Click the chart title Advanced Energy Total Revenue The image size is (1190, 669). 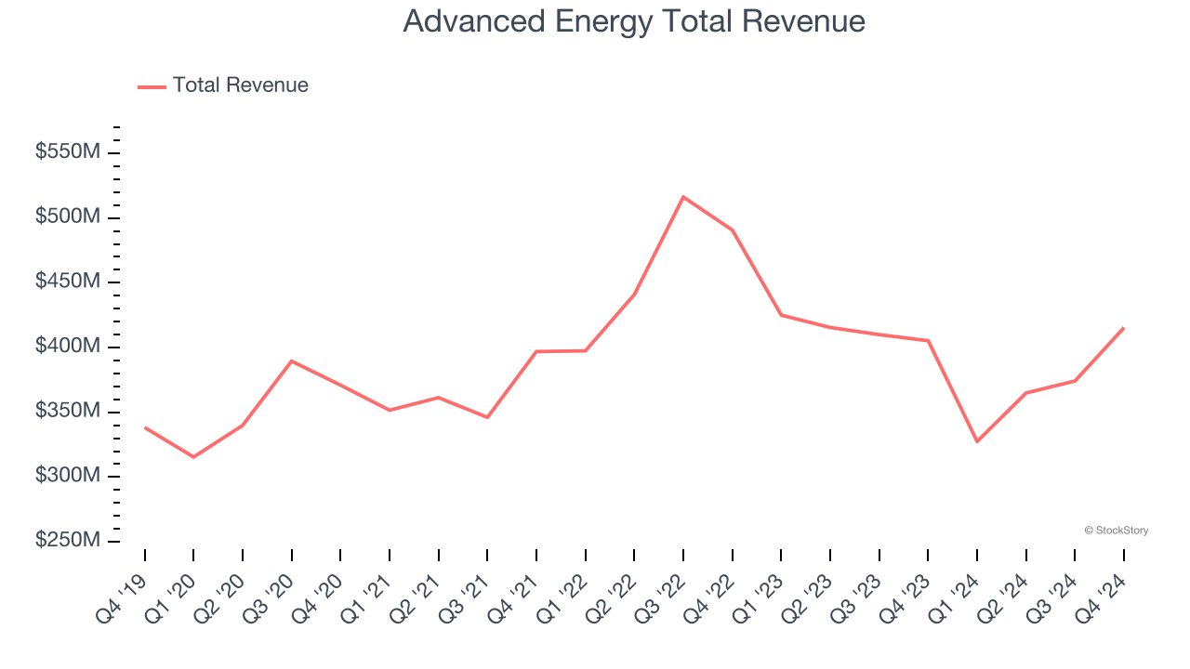coord(634,21)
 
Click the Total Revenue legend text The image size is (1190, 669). coord(240,85)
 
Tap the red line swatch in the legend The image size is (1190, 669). coord(152,86)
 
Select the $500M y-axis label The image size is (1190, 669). coord(67,216)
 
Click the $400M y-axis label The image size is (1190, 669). coord(67,347)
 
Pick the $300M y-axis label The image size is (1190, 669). coord(67,476)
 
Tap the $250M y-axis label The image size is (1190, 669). coord(67,541)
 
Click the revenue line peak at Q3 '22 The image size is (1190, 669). coord(683,197)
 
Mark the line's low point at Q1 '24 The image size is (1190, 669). coord(977,441)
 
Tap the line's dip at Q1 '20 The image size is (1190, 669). coord(193,457)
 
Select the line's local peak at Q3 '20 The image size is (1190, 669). coord(292,361)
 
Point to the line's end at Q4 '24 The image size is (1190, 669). coord(1123,328)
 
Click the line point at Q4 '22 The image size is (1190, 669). coord(733,230)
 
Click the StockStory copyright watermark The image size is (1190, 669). coord(1116,531)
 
